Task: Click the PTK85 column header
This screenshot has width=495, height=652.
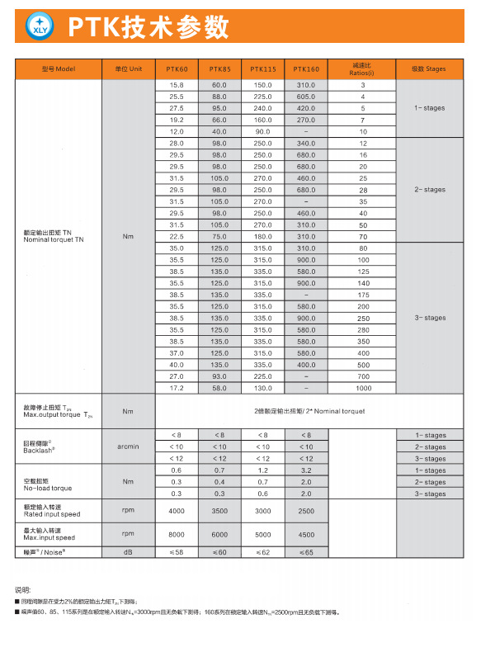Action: click(x=219, y=69)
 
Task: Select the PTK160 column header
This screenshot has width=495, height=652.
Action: click(x=306, y=69)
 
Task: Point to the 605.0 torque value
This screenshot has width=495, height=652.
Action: click(x=306, y=97)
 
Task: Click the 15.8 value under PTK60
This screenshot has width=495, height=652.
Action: click(x=177, y=86)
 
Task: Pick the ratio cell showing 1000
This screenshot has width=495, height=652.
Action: click(x=363, y=387)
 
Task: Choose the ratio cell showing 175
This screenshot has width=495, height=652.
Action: click(x=363, y=295)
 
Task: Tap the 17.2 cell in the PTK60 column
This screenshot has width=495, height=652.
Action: click(x=177, y=387)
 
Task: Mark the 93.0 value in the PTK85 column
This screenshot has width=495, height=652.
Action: click(x=219, y=376)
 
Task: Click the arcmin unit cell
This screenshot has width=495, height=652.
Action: click(x=128, y=446)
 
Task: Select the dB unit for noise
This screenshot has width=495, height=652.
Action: click(x=128, y=551)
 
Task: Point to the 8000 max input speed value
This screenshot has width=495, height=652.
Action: click(x=177, y=534)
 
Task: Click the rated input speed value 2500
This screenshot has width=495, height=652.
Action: click(x=306, y=511)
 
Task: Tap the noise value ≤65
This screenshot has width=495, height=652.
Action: click(x=306, y=551)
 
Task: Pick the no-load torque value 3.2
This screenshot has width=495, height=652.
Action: click(x=306, y=470)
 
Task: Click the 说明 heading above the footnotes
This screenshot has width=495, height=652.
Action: click(x=23, y=589)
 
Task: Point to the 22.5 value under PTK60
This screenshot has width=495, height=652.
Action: click(x=177, y=237)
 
